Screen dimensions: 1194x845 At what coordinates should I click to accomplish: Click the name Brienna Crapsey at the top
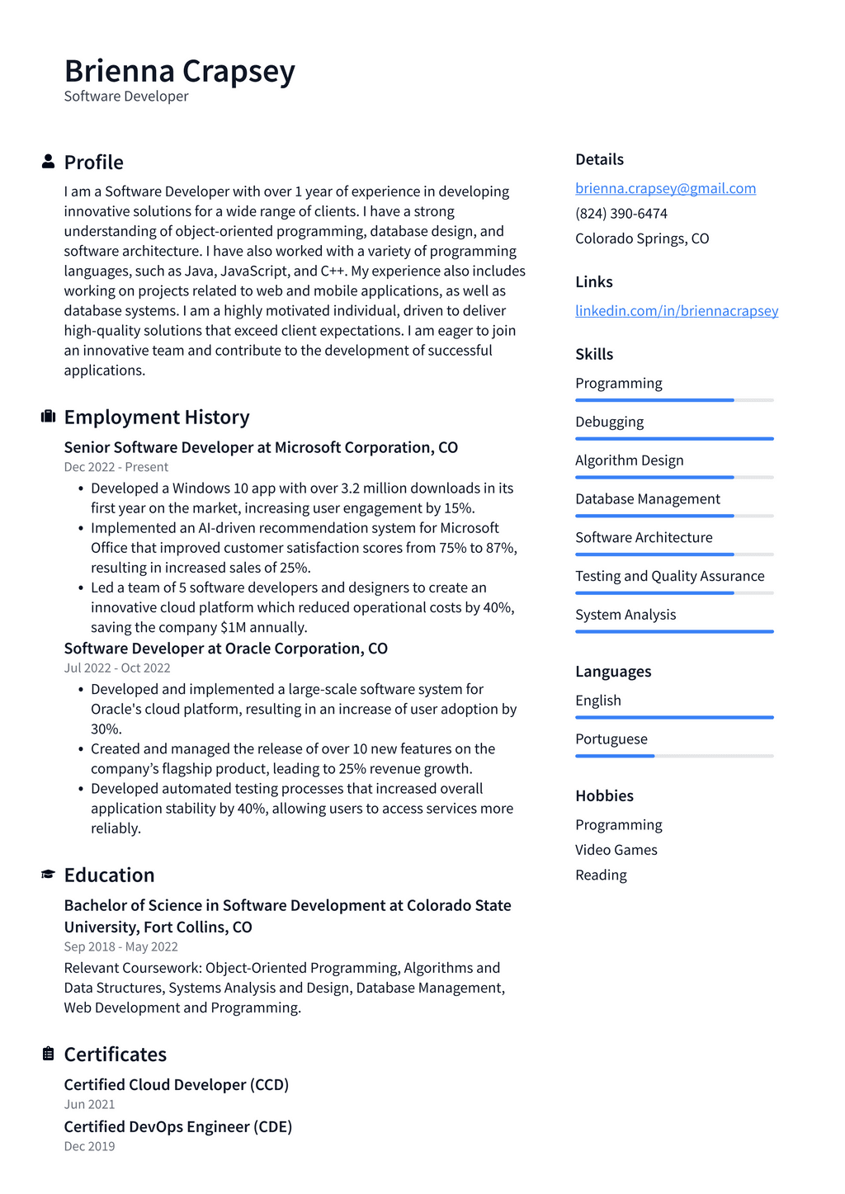coord(179,71)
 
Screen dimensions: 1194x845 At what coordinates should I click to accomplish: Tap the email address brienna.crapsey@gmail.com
coord(665,188)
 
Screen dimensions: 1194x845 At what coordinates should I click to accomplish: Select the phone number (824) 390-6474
coord(621,213)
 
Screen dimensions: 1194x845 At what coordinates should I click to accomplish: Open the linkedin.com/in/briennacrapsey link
coord(676,310)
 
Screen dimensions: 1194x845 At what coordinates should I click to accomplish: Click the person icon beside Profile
coord(48,162)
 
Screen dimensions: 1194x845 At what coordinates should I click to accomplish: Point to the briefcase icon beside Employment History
coord(48,417)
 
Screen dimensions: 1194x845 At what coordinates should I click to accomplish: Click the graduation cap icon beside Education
coord(48,875)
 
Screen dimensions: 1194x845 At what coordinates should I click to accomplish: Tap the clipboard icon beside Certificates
coord(48,1054)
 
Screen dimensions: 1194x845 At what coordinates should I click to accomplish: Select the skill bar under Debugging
coord(673,438)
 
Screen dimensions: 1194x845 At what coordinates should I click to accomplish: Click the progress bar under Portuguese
coord(673,756)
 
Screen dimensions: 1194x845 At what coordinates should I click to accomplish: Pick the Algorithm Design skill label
coord(629,460)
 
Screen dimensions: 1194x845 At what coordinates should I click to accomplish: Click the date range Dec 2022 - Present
coord(116,467)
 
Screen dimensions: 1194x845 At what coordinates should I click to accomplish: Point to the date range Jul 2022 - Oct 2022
coord(117,668)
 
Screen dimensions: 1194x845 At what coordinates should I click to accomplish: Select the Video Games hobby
coord(616,850)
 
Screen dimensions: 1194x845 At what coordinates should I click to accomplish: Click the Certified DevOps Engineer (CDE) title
coord(177,1126)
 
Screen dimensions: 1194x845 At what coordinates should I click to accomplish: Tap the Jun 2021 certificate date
coord(89,1104)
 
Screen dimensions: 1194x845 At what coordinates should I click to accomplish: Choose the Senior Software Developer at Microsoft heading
coord(260,447)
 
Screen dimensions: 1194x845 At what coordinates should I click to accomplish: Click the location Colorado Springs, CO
coord(641,238)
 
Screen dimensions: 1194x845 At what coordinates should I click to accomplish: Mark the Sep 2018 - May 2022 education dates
coord(120,946)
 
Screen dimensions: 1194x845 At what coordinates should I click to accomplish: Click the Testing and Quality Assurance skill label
coord(669,576)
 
